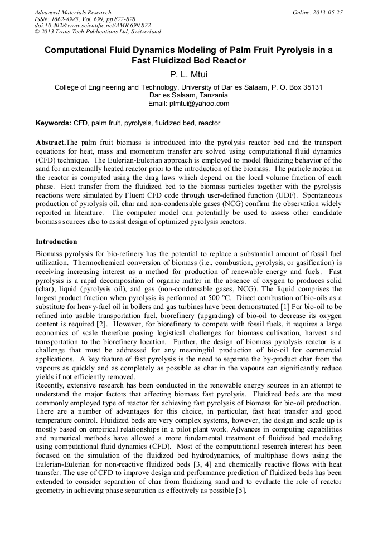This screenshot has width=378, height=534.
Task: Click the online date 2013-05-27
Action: (x=327, y=12)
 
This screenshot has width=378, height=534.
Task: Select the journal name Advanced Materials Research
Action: (x=72, y=12)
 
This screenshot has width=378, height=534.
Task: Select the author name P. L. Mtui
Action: (x=188, y=73)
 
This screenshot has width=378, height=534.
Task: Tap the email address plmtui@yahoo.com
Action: (x=202, y=104)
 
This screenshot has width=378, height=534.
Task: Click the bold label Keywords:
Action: (x=53, y=123)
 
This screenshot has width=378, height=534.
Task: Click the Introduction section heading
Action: (x=56, y=242)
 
